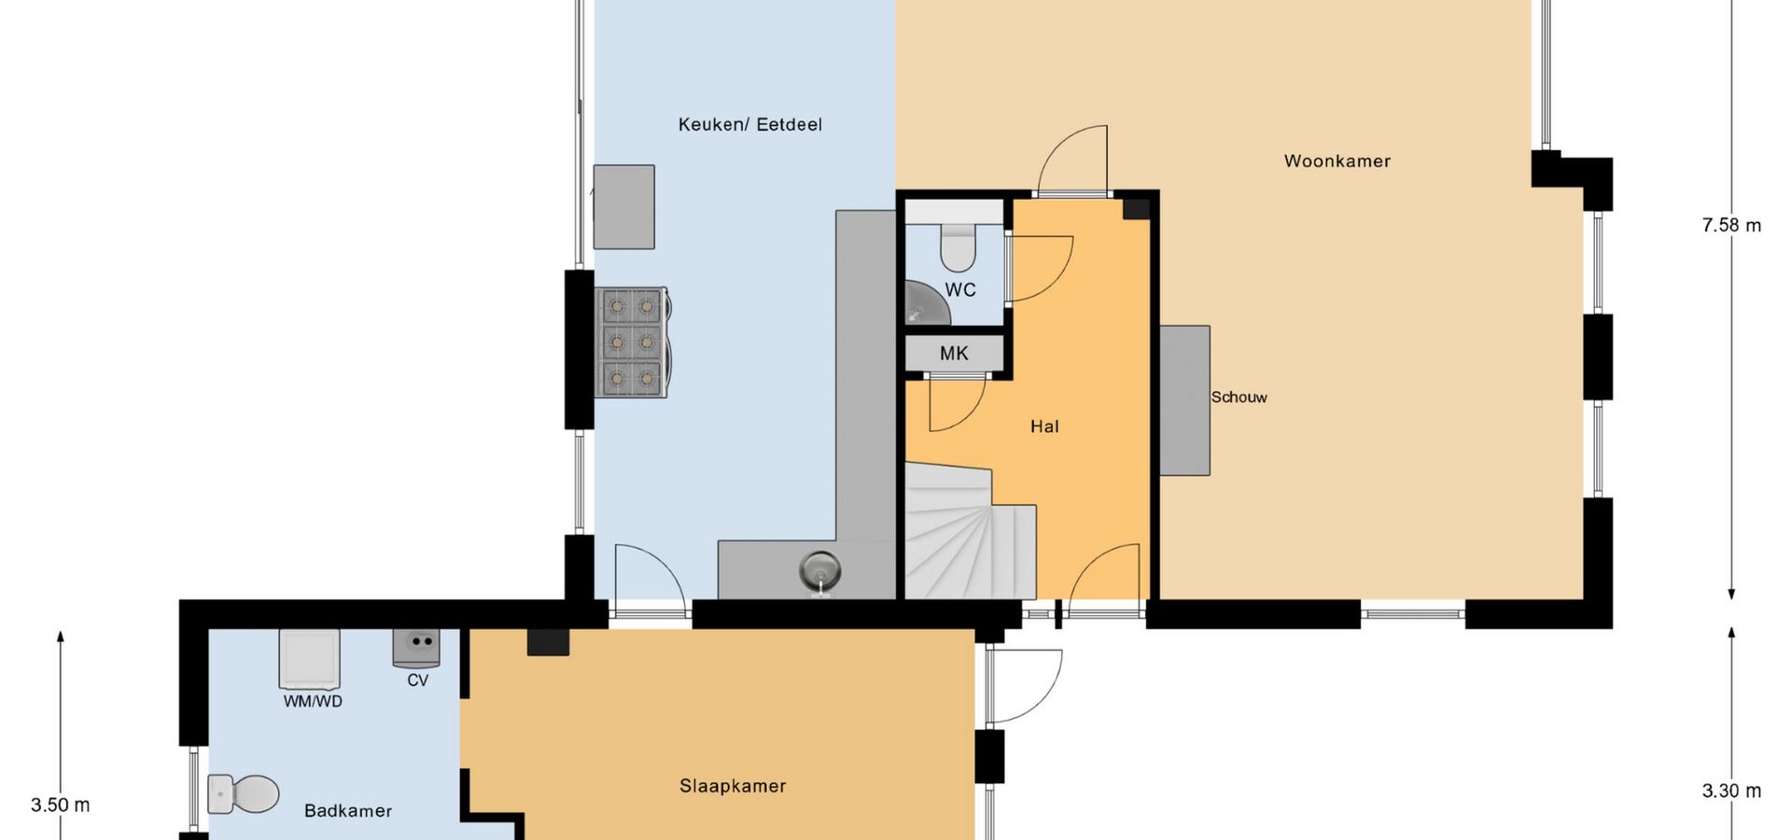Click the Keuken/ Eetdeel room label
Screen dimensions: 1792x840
pyautogui.click(x=750, y=125)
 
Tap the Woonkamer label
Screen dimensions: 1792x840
pyautogui.click(x=1337, y=161)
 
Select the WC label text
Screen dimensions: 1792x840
pyautogui.click(x=960, y=290)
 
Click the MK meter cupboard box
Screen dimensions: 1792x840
pyautogui.click(x=954, y=354)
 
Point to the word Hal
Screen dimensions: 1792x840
pyautogui.click(x=1044, y=427)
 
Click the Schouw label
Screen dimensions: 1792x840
pyautogui.click(x=1239, y=398)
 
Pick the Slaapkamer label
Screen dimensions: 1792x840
pyautogui.click(x=733, y=786)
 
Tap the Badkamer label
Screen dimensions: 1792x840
pyautogui.click(x=348, y=811)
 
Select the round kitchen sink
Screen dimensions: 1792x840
pyautogui.click(x=820, y=570)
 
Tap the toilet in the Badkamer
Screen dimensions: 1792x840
pyautogui.click(x=244, y=794)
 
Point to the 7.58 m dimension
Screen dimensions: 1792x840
pyautogui.click(x=1731, y=226)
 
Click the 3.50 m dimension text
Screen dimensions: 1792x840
pyautogui.click(x=61, y=805)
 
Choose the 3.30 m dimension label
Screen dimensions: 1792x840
pyautogui.click(x=1731, y=791)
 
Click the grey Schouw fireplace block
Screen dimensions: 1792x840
pyautogui.click(x=1185, y=400)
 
